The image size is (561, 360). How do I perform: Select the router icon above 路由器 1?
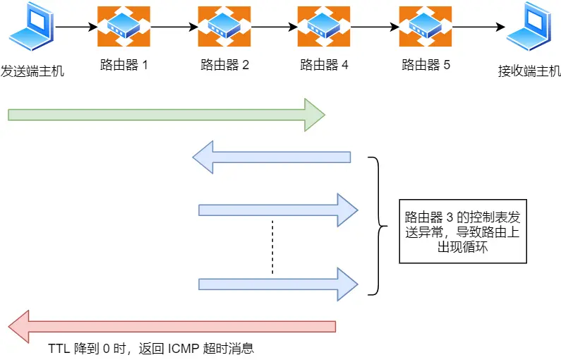coord(123,27)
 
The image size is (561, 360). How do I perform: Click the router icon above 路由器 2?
coord(224,27)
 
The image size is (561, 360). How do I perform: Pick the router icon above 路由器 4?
coord(324,27)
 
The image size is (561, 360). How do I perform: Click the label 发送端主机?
coord(32,71)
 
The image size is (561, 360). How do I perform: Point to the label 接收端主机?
coord(529,71)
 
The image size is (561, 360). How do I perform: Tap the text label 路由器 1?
coord(124,66)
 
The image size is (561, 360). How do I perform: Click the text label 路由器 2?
coord(225,66)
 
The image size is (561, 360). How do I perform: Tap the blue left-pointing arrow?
coord(272,157)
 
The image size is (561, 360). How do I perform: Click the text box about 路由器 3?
coord(463,232)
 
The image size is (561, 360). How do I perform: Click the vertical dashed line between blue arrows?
coord(272,246)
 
